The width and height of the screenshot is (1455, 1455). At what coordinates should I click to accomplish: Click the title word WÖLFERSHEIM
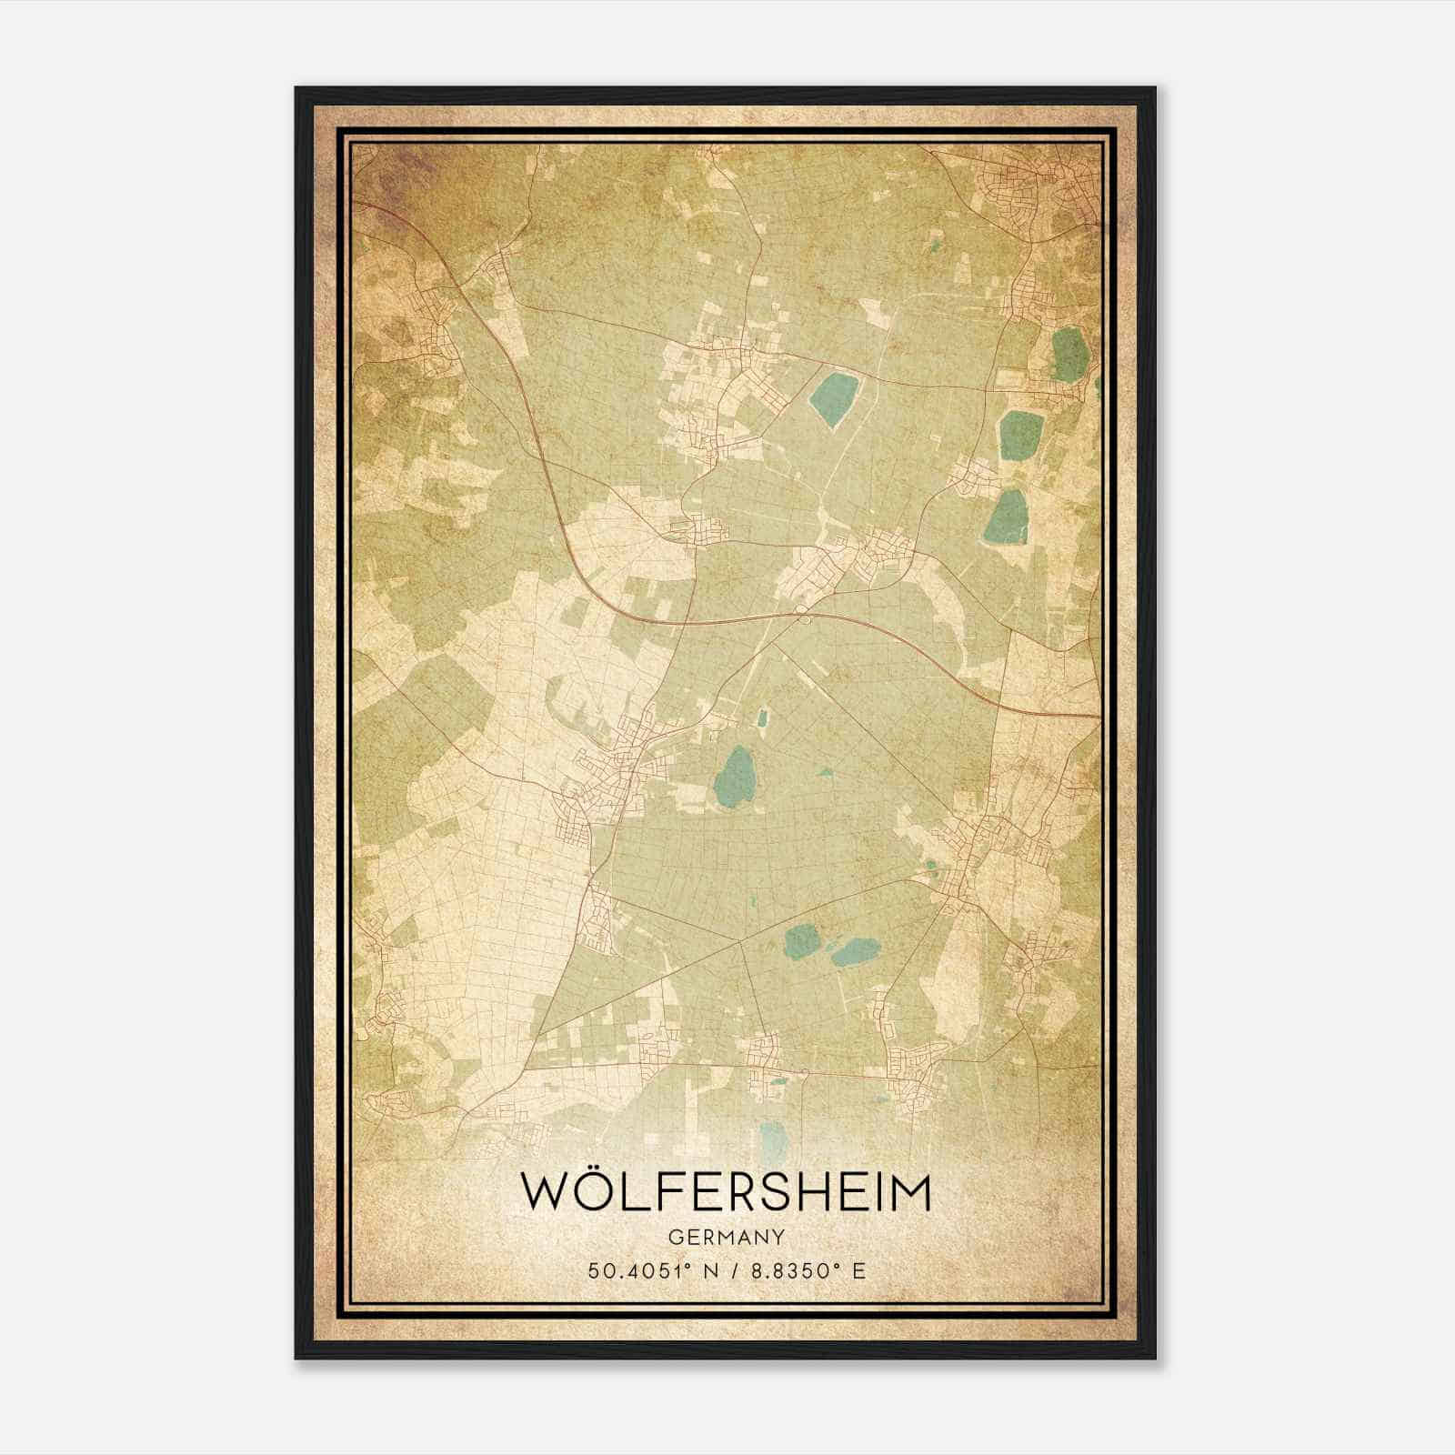(726, 1192)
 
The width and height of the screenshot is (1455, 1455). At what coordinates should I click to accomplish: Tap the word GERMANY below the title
(727, 1238)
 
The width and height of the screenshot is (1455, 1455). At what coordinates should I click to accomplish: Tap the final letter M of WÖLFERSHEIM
(909, 1192)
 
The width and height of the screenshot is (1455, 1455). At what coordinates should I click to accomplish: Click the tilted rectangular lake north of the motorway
(830, 398)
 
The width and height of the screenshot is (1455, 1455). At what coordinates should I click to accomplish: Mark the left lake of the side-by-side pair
(801, 940)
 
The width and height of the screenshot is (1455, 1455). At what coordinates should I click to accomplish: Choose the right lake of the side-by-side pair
(853, 952)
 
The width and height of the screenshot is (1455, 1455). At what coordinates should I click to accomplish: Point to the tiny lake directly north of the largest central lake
(762, 718)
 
